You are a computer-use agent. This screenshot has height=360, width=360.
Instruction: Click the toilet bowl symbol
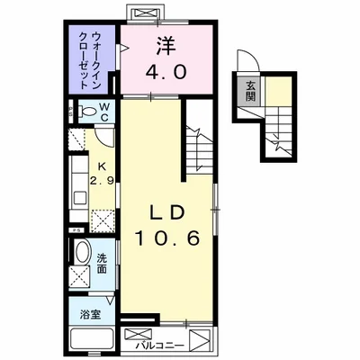pos(84,112)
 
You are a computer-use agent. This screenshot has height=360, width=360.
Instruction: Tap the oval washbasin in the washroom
pos(80,251)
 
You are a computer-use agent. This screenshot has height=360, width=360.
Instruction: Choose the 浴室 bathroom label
pos(91,314)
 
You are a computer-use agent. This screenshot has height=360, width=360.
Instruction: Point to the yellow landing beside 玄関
pos(280,89)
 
